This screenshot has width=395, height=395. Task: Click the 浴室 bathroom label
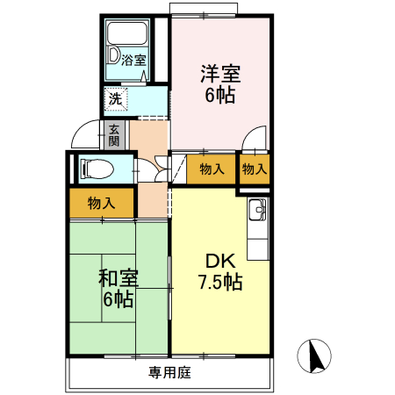[x=133, y=61]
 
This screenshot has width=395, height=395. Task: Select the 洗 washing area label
[x=115, y=98]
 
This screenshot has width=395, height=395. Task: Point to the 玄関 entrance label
[x=114, y=134]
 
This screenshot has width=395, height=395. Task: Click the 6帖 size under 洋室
[x=219, y=96]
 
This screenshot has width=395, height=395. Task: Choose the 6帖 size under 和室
[x=117, y=300]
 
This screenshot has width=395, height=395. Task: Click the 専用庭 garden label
[x=169, y=372]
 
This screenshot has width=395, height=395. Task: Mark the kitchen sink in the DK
[x=258, y=212]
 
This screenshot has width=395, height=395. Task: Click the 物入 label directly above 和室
[x=101, y=203]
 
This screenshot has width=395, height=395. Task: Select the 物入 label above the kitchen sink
[x=254, y=169]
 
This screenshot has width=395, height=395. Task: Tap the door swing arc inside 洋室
[x=255, y=139]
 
